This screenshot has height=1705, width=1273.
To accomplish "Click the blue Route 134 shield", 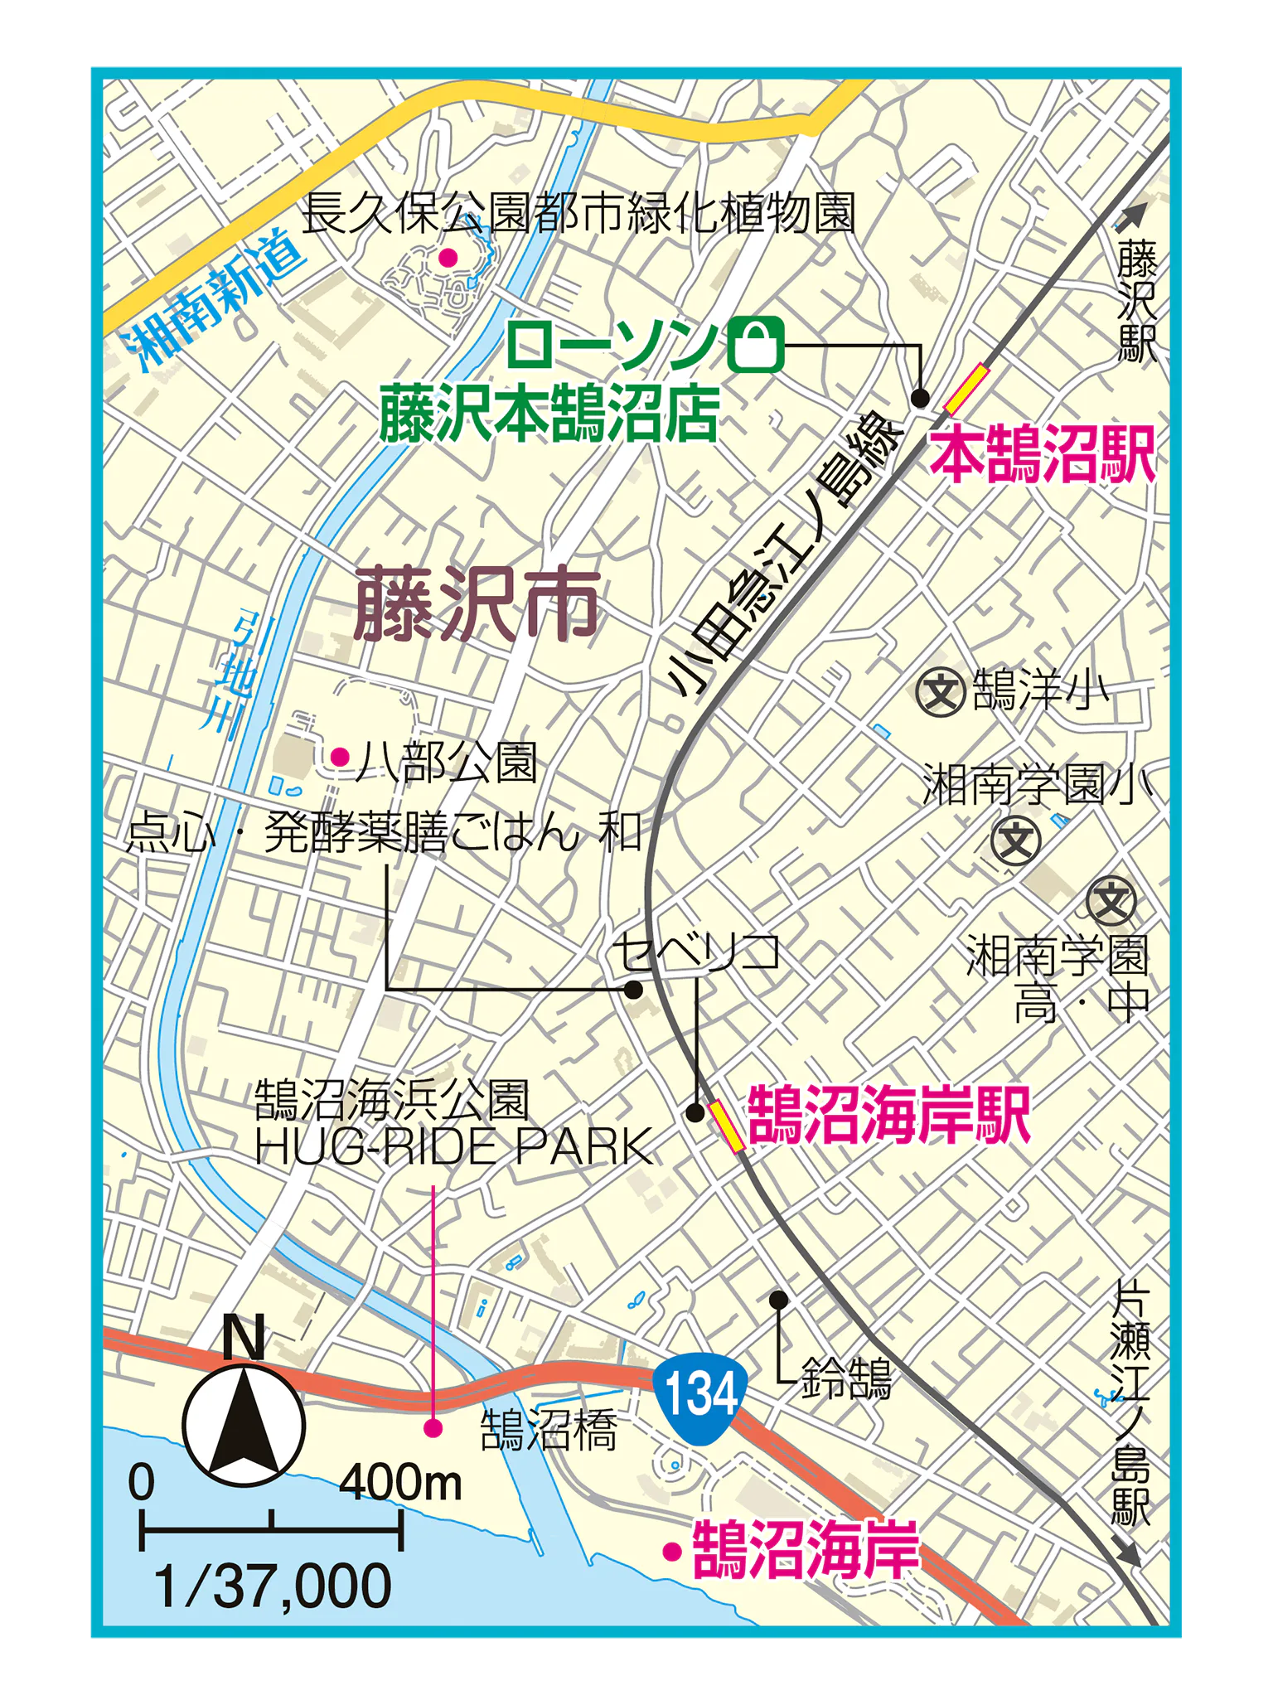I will click(x=700, y=1393).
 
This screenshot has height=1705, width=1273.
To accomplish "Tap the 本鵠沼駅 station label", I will click(x=1042, y=455).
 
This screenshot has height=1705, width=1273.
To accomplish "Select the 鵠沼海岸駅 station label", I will click(x=888, y=1116).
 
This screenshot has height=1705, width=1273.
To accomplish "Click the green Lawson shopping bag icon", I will click(x=756, y=344).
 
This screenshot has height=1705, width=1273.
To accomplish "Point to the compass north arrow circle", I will click(x=244, y=1426).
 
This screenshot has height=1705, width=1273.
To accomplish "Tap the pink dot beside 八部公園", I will click(x=340, y=756).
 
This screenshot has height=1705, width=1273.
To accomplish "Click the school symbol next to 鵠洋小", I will click(x=941, y=691).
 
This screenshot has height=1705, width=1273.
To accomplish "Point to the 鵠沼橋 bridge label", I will click(x=549, y=1431).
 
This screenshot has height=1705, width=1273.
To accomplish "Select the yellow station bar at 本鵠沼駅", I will click(x=966, y=389).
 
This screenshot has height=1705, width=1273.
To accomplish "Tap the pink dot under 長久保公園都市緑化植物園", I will click(x=448, y=258).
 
